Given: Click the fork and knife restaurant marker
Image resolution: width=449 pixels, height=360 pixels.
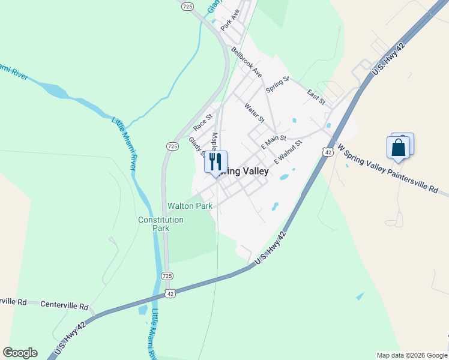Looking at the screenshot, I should coord(215,161).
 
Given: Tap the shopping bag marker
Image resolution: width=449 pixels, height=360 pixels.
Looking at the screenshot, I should coord(399,147).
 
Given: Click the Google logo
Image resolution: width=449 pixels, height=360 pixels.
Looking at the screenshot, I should coord(20,353).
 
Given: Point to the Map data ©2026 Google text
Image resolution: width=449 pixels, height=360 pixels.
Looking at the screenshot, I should coord(411,355).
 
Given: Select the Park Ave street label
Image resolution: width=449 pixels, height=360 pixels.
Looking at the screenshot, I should coord(230,20).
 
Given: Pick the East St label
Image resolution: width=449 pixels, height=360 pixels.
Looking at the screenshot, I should coord(316,97).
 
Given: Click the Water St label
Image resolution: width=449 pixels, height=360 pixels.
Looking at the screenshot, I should coord(255,112).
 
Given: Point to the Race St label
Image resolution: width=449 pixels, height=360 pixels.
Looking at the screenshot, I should coord(203,122).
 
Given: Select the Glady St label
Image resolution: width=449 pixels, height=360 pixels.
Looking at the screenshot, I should coord(196,145).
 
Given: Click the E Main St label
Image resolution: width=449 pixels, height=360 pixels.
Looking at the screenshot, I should coord(274,142).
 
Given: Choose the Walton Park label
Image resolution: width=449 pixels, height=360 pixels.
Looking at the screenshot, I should coord(190,206).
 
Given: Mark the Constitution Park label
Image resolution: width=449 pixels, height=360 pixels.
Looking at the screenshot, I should coord(161,224).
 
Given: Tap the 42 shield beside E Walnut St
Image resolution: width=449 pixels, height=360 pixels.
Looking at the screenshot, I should coord(327,152).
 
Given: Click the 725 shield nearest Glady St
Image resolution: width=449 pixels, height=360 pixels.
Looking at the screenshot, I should coord(172,146).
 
